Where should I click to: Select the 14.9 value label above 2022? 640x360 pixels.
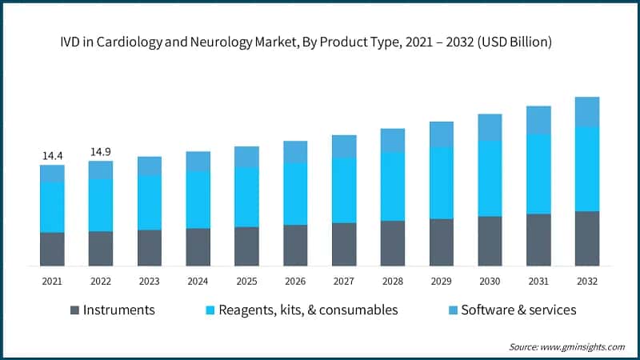101,151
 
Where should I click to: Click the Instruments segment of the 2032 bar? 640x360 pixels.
586,238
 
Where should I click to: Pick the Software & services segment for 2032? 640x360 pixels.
586,112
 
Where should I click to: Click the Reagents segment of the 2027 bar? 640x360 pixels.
344,190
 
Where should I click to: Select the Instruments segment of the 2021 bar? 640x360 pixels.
52,249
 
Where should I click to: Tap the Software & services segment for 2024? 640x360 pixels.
198,161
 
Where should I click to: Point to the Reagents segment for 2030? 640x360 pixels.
490,178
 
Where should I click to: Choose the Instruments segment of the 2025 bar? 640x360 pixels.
246,246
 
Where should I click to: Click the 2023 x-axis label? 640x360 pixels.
150,282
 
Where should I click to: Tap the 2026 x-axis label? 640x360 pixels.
295,282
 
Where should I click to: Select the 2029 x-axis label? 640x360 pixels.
441,282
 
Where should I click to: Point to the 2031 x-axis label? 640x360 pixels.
538,282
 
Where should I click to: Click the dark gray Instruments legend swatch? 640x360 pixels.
74,310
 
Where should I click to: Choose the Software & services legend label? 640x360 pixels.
518,310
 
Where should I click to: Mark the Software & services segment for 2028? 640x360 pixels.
393,140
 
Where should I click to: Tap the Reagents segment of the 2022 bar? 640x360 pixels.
101,205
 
